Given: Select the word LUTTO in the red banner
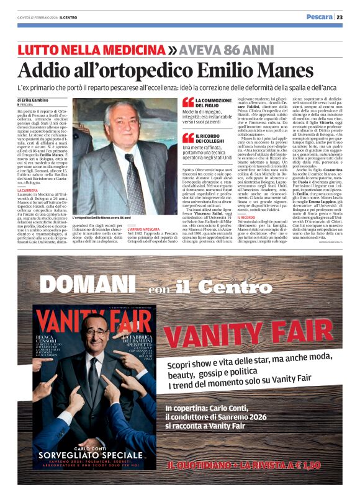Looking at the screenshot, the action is click(40, 50).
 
